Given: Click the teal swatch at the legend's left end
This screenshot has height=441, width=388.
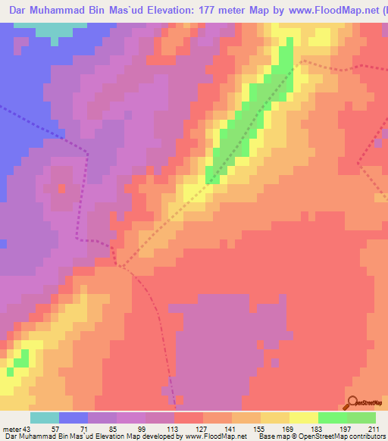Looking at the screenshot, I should [45, 418].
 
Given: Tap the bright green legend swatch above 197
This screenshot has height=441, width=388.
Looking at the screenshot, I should [333, 418].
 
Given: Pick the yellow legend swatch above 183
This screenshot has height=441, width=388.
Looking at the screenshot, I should [304, 418].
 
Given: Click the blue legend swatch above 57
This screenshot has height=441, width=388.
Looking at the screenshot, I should [74, 418].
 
